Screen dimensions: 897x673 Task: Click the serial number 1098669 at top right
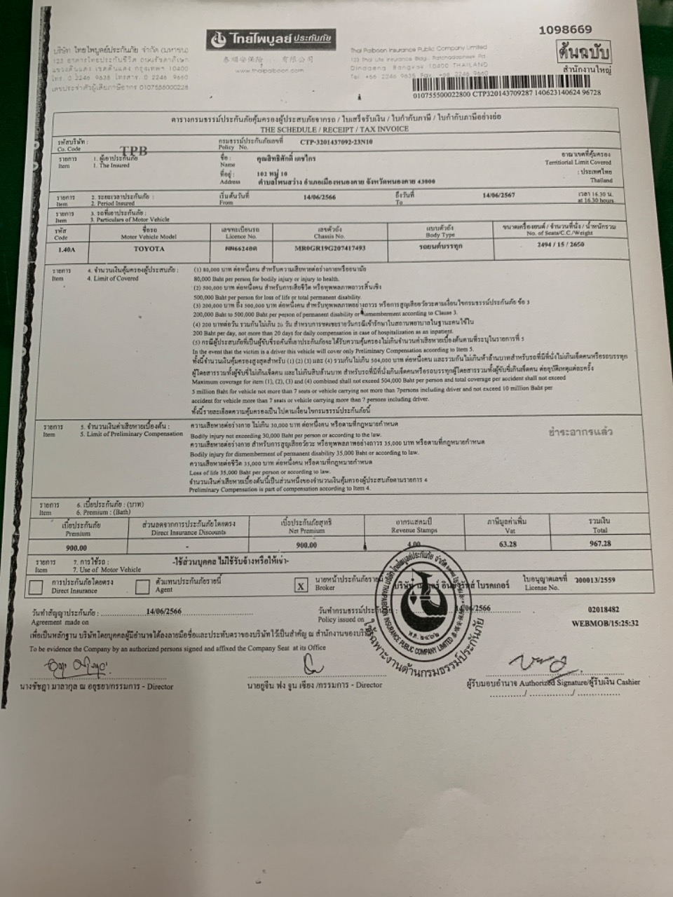coord(565,29)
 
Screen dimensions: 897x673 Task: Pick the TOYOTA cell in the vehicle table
coord(149,249)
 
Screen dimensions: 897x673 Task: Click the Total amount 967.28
coord(600,542)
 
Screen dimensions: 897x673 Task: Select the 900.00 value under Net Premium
coord(306,545)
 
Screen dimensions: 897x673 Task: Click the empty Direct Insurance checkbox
coord(36,587)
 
